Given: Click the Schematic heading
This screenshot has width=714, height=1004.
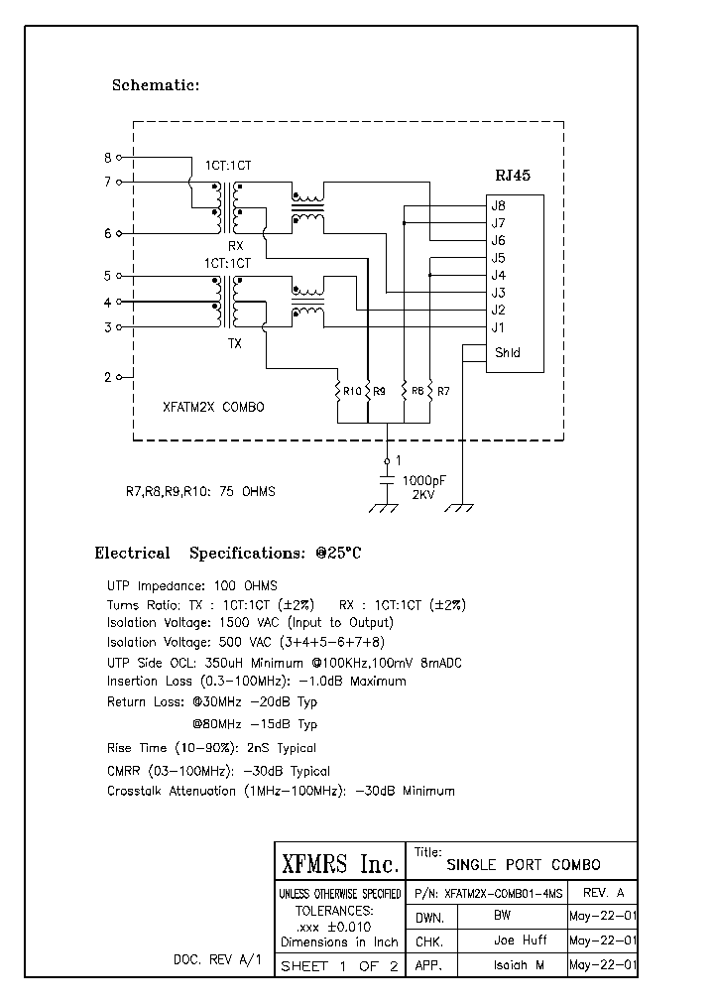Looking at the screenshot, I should [x=156, y=85].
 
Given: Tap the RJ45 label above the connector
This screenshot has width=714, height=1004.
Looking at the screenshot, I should [x=513, y=176].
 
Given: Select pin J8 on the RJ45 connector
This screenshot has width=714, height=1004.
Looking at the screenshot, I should [x=499, y=205].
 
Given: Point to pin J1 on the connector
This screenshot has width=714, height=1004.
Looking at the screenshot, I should [x=499, y=327].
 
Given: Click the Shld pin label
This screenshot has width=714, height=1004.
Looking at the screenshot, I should [x=506, y=352].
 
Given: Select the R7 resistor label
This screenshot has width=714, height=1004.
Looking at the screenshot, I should [x=442, y=392].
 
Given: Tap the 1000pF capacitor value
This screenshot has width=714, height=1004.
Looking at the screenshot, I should [x=423, y=480].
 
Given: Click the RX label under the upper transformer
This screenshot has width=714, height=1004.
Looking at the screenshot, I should [x=235, y=245].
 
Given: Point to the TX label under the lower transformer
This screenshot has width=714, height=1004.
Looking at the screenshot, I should [x=235, y=344].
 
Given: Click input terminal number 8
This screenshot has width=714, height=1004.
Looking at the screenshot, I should [x=108, y=157].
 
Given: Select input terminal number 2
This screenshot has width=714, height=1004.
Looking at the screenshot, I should [x=108, y=377].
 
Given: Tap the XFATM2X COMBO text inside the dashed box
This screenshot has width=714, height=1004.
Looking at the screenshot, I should [x=213, y=407].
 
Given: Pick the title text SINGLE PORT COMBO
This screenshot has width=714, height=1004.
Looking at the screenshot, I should [x=524, y=865].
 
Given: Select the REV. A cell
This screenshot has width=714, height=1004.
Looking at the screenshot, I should [x=604, y=893].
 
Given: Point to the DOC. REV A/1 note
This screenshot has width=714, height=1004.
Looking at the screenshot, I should [x=217, y=961].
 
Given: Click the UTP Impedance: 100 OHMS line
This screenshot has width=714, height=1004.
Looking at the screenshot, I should [x=192, y=585].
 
